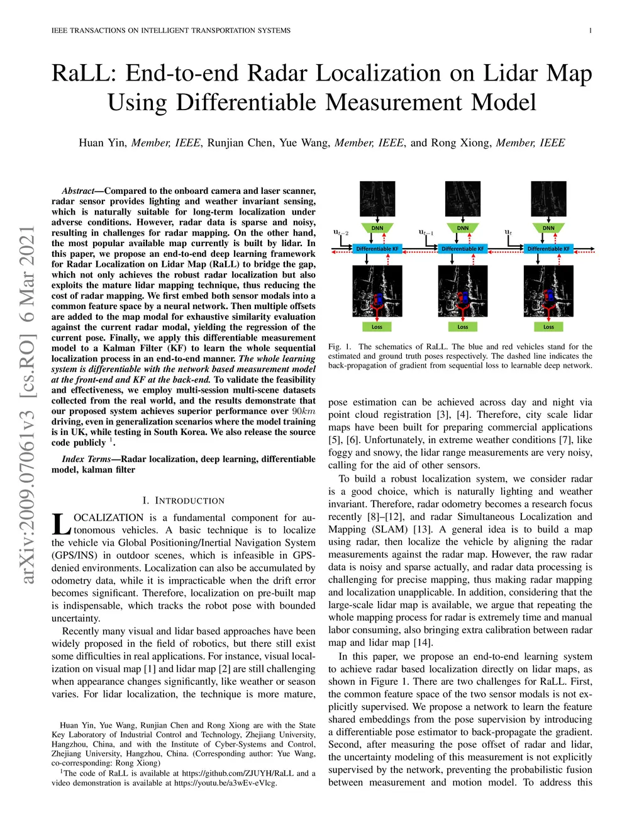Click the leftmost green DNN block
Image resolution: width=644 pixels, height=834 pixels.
click(x=377, y=228)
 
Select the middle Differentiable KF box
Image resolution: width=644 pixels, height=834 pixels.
click(x=463, y=249)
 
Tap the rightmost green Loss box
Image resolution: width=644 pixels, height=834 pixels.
click(x=548, y=327)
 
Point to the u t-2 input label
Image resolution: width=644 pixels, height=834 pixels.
click(x=340, y=233)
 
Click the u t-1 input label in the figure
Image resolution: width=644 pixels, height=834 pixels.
click(x=426, y=233)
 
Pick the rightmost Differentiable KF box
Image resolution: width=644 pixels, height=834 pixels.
click(x=548, y=249)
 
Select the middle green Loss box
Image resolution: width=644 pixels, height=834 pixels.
click(x=463, y=327)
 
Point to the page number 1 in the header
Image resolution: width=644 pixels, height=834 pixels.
click(x=590, y=30)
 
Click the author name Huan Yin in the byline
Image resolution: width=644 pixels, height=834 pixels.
click(x=102, y=143)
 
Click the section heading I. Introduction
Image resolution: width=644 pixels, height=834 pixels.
click(x=183, y=500)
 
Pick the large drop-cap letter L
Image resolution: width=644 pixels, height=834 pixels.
click(x=61, y=524)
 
